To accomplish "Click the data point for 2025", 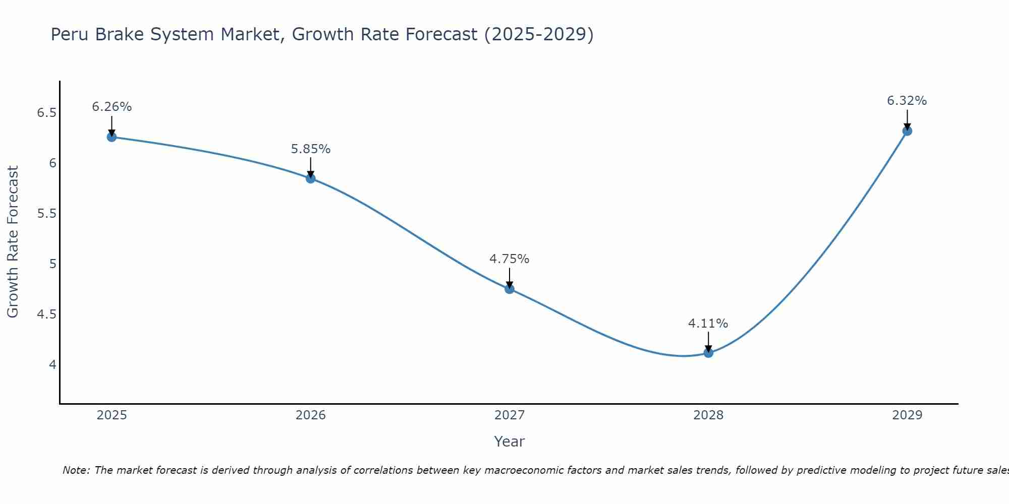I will pyautogui.click(x=111, y=137).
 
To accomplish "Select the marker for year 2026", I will pyautogui.click(x=310, y=178).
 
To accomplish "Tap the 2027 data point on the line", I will pyautogui.click(x=510, y=289).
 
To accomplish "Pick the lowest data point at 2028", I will pyautogui.click(x=708, y=353).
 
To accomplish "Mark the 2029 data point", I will pyautogui.click(x=907, y=131).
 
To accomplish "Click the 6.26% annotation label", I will pyautogui.click(x=111, y=107).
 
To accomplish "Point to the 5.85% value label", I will pyautogui.click(x=310, y=149).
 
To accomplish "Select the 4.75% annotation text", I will pyautogui.click(x=509, y=259).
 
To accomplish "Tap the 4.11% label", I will pyautogui.click(x=708, y=324).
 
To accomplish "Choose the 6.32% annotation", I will pyautogui.click(x=907, y=101).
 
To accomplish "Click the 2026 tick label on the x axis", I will pyautogui.click(x=310, y=415).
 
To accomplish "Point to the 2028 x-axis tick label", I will pyautogui.click(x=708, y=415).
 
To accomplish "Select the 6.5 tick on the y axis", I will pyautogui.click(x=46, y=113).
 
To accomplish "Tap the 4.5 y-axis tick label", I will pyautogui.click(x=46, y=314).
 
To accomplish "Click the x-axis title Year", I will pyautogui.click(x=509, y=442).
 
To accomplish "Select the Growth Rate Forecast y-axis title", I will pyautogui.click(x=13, y=242).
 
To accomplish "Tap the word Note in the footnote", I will pyautogui.click(x=75, y=470).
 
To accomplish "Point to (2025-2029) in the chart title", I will pyautogui.click(x=538, y=35).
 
